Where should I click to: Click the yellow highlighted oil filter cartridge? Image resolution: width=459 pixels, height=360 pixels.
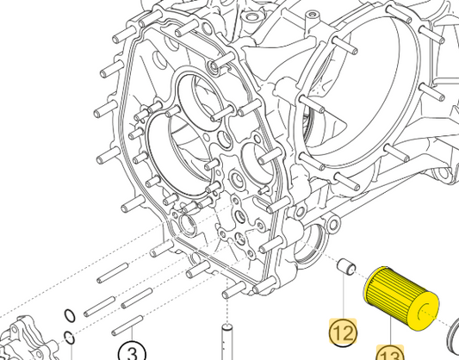pos(401,299)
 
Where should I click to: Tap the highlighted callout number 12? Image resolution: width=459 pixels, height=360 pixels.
pos(343,332)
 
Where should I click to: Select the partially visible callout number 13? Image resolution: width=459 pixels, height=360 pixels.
pos(390,354)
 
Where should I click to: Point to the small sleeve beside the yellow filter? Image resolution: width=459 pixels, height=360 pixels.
pos(346,267)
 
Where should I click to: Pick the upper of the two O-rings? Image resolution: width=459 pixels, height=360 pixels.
pos(70,316)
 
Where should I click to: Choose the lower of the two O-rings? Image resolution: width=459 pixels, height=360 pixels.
pos(70,338)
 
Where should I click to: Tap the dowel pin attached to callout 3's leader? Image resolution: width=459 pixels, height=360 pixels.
pos(127,326)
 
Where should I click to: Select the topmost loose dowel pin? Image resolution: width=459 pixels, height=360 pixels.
pos(113,273)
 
